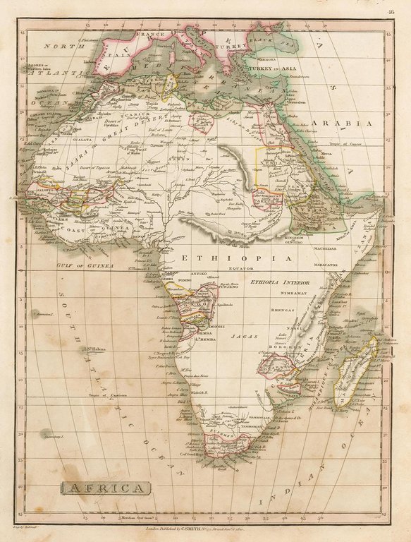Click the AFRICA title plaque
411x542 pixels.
click(x=105, y=488)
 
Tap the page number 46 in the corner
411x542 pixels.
click(x=391, y=11)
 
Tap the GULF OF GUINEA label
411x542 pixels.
click(x=85, y=265)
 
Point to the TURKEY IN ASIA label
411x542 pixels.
click(x=277, y=68)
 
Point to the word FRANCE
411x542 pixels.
click(x=152, y=35)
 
